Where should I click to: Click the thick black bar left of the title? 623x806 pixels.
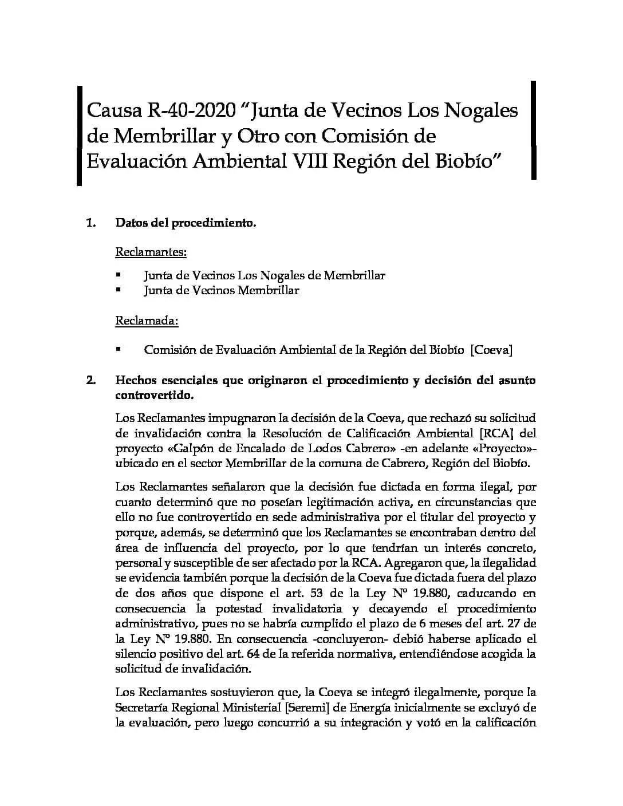pyautogui.click(x=80, y=136)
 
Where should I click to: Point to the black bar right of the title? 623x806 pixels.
pyautogui.click(x=534, y=130)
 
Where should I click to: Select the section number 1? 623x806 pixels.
pyautogui.click(x=90, y=223)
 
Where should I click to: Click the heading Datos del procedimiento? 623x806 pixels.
pyautogui.click(x=186, y=223)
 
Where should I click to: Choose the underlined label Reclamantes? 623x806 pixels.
pyautogui.click(x=151, y=251)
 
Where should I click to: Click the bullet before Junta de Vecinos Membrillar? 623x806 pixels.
pyautogui.click(x=119, y=290)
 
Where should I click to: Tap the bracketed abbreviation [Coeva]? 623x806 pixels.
pyautogui.click(x=491, y=349)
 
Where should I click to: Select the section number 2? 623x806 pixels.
pyautogui.click(x=90, y=380)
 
